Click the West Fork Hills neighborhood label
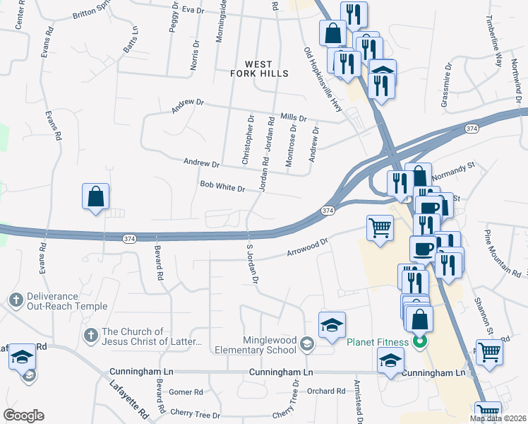point(260,69)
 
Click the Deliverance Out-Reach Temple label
point(67,301)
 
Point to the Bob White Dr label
point(222,189)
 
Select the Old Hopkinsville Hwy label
point(322,78)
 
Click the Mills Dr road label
point(293,118)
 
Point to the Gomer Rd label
point(186,391)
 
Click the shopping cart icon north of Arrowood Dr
point(380,228)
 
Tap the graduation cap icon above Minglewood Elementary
point(332,325)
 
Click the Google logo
point(23,416)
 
